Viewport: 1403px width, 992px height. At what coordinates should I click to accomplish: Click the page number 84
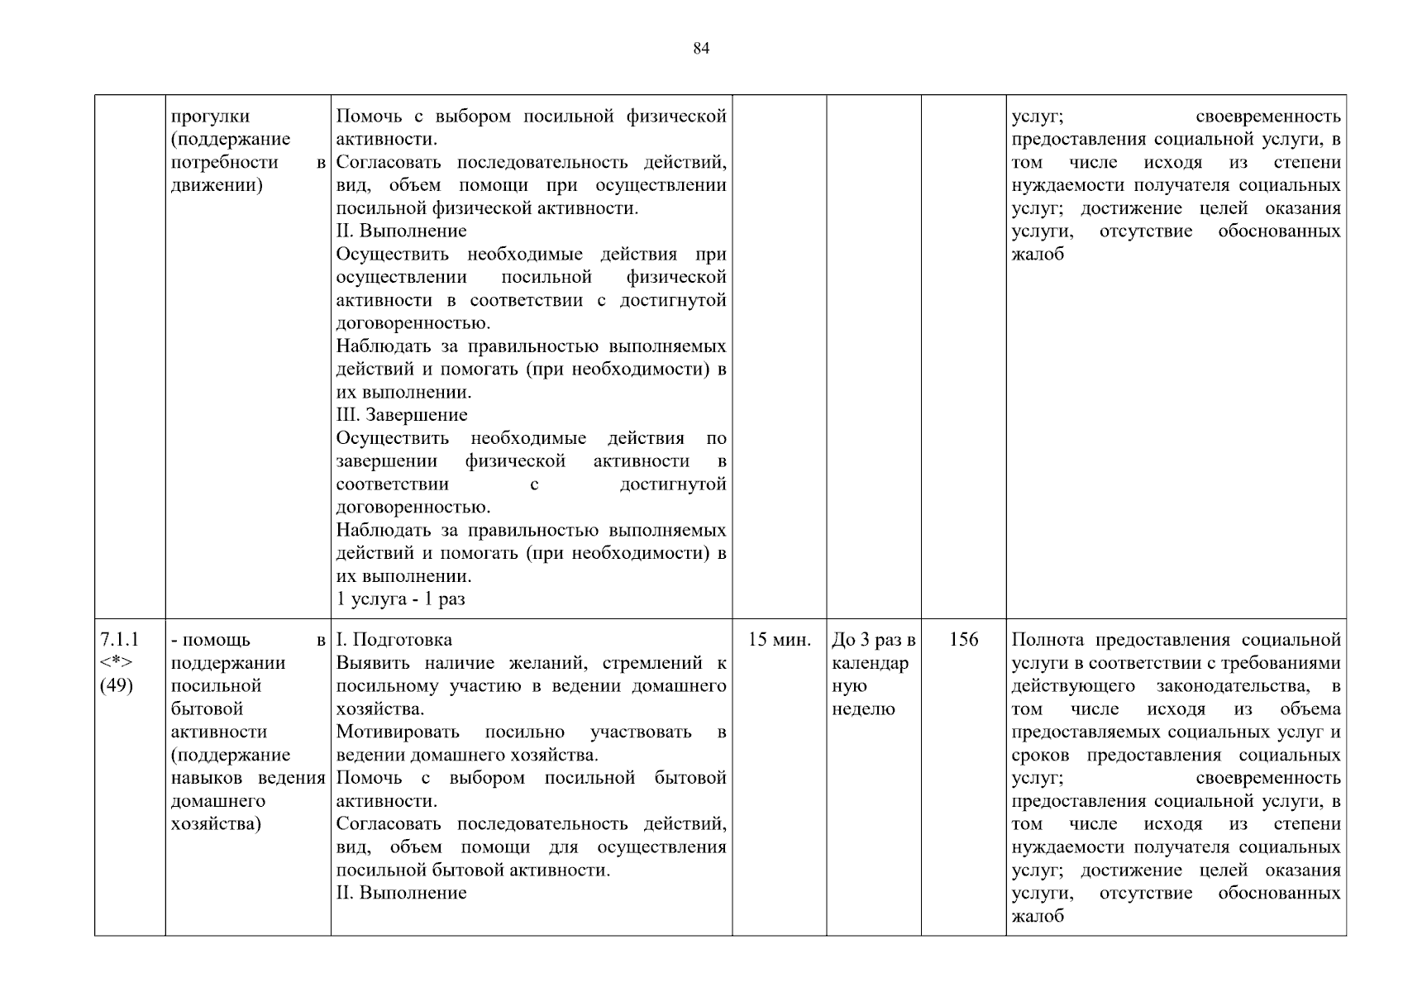pyautogui.click(x=701, y=49)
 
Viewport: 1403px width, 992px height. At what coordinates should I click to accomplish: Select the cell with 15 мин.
pyautogui.click(x=779, y=640)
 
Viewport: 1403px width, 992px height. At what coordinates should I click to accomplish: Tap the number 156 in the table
pyautogui.click(x=963, y=640)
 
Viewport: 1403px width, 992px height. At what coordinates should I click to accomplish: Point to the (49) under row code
pyautogui.click(x=117, y=686)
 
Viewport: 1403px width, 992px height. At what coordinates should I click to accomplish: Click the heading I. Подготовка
pyautogui.click(x=394, y=640)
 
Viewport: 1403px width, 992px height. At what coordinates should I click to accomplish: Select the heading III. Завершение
pyautogui.click(x=402, y=415)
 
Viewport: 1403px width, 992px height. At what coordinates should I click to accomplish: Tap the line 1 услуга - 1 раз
pyautogui.click(x=401, y=599)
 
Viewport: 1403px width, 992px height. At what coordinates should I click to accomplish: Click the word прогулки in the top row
pyautogui.click(x=210, y=117)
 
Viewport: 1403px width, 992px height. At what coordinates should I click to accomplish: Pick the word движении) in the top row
pyautogui.click(x=217, y=185)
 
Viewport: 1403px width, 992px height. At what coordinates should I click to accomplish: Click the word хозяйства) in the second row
pyautogui.click(x=216, y=824)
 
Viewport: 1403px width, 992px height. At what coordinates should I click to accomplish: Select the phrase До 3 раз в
pyautogui.click(x=874, y=640)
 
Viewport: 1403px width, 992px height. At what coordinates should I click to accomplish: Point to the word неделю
pyautogui.click(x=864, y=709)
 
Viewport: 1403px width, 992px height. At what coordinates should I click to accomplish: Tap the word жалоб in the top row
pyautogui.click(x=1038, y=255)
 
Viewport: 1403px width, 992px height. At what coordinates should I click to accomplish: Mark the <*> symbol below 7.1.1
pyautogui.click(x=117, y=663)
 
